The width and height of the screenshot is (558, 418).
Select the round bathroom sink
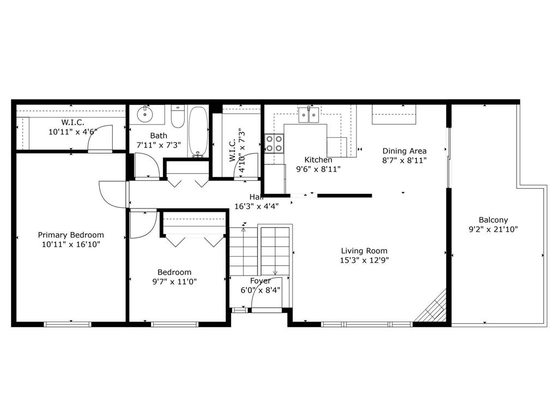click(x=145, y=114)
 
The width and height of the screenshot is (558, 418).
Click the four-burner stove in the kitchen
click(x=274, y=143)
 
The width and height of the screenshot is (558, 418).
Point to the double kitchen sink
click(x=308, y=114)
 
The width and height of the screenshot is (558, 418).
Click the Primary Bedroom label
click(x=71, y=235)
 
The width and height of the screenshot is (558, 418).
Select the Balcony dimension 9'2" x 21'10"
click(x=493, y=229)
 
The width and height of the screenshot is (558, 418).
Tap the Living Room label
click(x=364, y=251)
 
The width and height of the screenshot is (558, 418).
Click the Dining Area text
click(x=404, y=151)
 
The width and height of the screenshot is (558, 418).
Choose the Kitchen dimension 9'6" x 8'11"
click(x=318, y=169)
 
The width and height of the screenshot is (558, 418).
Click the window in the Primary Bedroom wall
click(x=68, y=324)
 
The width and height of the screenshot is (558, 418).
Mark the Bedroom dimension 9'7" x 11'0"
click(x=174, y=282)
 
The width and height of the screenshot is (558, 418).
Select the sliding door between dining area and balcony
click(x=449, y=157)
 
